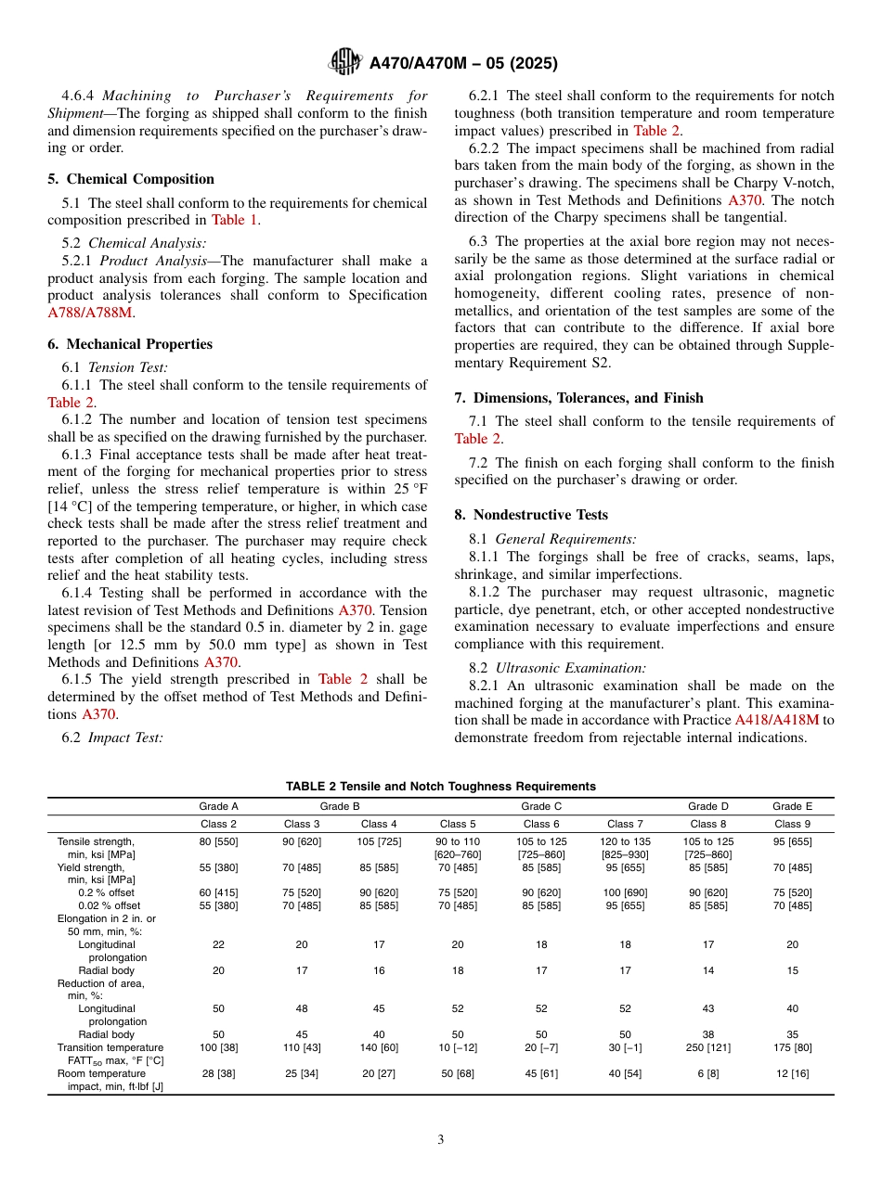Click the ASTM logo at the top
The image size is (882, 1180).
(x=345, y=63)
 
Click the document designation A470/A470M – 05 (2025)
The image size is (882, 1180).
(x=462, y=64)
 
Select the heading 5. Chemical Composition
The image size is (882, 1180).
(x=131, y=179)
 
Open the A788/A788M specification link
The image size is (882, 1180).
(x=90, y=313)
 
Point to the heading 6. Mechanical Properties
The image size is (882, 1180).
(x=130, y=344)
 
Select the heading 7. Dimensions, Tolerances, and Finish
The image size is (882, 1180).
(x=578, y=398)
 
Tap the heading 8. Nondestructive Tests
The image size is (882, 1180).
(x=531, y=515)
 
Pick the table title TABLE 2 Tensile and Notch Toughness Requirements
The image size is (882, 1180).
(x=441, y=787)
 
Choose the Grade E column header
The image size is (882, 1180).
(x=792, y=806)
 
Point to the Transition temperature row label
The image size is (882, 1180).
(x=110, y=1047)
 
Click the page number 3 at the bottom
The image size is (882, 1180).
(x=441, y=1139)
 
